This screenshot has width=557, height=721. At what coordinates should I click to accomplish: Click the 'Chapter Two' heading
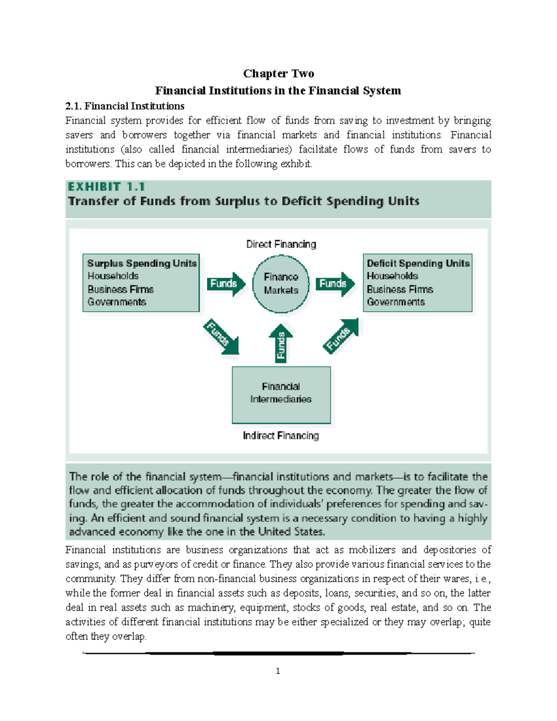tap(278, 74)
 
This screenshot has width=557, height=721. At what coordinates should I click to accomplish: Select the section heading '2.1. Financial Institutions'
tap(125, 106)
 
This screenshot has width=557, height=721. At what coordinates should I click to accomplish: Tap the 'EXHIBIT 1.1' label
tap(106, 187)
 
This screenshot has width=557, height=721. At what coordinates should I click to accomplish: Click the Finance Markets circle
tap(281, 284)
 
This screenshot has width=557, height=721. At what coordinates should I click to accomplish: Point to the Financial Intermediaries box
tap(281, 395)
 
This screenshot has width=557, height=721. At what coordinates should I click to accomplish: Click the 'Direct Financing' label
tap(281, 244)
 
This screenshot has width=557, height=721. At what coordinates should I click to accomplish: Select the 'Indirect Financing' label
tap(281, 435)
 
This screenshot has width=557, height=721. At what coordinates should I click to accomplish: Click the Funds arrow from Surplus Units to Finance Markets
tap(226, 284)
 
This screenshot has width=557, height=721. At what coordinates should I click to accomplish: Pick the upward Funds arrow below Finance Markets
tap(281, 344)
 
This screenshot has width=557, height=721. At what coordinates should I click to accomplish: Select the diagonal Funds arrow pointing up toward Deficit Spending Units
tap(341, 336)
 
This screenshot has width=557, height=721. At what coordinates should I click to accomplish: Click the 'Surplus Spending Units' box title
tap(142, 263)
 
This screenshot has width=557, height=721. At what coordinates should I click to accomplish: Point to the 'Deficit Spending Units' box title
tap(418, 263)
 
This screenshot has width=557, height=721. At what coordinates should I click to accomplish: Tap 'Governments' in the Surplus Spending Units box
tap(117, 302)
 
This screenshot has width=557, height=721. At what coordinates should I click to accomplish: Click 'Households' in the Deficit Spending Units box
tap(392, 276)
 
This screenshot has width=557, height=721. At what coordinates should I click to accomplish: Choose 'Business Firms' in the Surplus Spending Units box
tap(121, 289)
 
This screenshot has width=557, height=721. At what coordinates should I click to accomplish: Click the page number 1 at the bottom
tap(278, 671)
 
